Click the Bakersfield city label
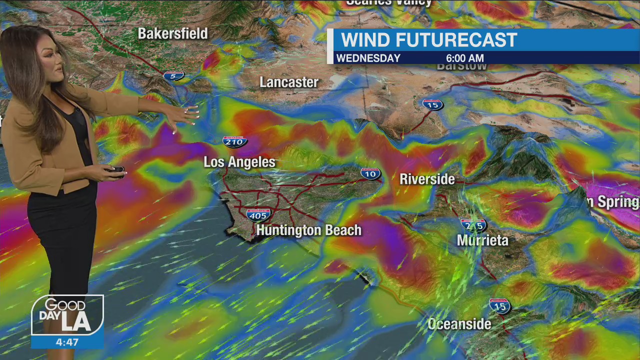172,33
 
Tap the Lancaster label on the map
289,82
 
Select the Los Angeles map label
239,162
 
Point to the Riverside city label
427,179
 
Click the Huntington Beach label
308,230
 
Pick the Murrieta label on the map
482,240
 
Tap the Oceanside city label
459,324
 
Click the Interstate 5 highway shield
173,76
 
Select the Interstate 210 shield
234,141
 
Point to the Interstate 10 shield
370,173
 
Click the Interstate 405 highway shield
258,215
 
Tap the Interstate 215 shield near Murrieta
473,225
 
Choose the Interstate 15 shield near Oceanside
499,305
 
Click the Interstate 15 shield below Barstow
432,104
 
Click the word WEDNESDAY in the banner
368,58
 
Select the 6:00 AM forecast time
464,58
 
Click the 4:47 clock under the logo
67,342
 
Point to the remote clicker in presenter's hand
116,170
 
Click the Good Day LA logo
67,314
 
